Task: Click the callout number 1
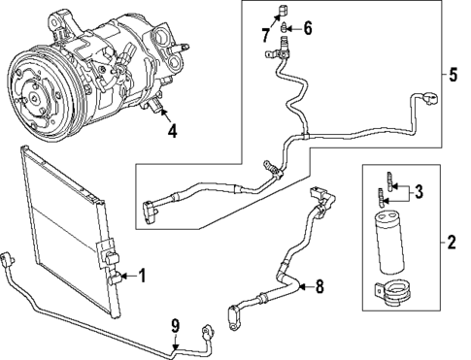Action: tap(142, 277)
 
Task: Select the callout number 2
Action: tap(451, 241)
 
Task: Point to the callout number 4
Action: tap(171, 130)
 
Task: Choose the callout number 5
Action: tap(454, 73)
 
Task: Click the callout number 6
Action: tap(307, 29)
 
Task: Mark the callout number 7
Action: tap(265, 35)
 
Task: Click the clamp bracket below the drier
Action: tap(393, 289)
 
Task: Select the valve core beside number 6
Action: tap(285, 30)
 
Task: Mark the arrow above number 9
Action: tap(176, 340)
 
